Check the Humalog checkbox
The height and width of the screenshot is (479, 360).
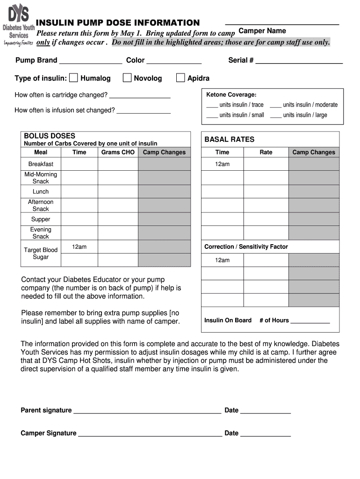(73, 78)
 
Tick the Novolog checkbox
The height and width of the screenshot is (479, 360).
(127, 78)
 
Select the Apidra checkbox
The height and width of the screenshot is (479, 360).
(180, 78)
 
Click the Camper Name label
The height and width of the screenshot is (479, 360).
(262, 31)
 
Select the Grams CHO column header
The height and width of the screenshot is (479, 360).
(118, 152)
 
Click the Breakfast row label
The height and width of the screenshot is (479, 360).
(41, 164)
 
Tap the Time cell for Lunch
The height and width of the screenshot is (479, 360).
(79, 192)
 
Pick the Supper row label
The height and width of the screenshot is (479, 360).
(41, 219)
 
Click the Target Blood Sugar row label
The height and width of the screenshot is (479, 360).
(41, 254)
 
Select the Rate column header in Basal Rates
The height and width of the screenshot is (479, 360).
(266, 152)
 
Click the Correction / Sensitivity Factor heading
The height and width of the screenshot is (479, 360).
(246, 247)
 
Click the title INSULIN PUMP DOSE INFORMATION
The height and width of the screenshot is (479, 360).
(118, 23)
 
